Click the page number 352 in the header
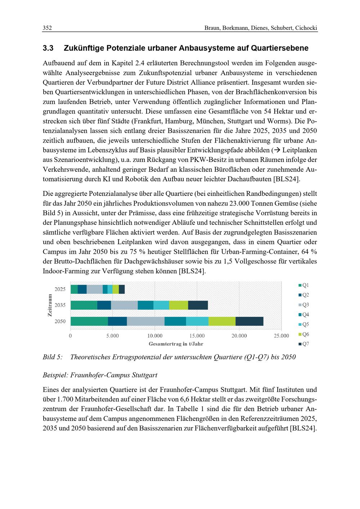47,28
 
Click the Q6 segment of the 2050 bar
222,321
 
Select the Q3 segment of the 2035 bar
124,305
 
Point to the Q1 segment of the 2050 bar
89,321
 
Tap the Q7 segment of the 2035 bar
198,305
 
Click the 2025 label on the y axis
60,289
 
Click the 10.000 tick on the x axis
154,336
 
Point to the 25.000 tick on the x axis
281,336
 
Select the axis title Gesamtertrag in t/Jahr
176,344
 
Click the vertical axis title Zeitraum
50,305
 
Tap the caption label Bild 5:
53,357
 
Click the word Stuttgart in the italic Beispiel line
145,375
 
